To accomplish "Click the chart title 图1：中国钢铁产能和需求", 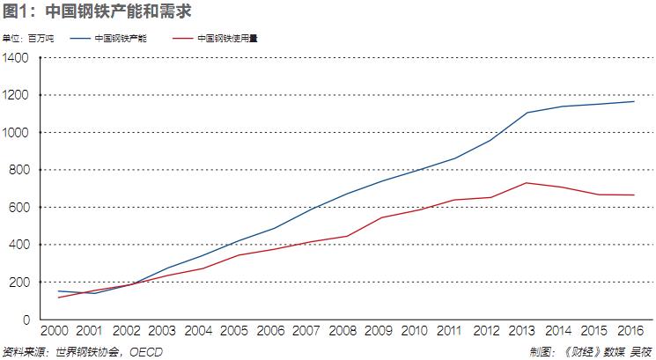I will tap(98, 11).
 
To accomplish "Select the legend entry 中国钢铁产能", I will tap(121, 39).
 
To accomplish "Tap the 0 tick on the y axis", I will tap(26, 320).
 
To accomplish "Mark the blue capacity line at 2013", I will tap(527, 113).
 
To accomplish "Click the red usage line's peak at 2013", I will tap(527, 183).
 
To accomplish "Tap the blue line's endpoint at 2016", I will tap(634, 101).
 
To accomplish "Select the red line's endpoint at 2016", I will tap(634, 195).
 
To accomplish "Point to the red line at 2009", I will tap(382, 217).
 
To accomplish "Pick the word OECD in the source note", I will tap(145, 352).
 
